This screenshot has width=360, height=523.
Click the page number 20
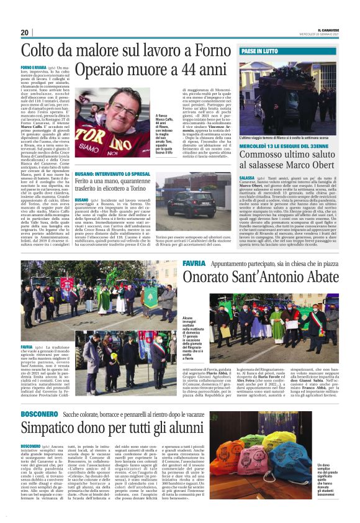coord(24,32)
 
